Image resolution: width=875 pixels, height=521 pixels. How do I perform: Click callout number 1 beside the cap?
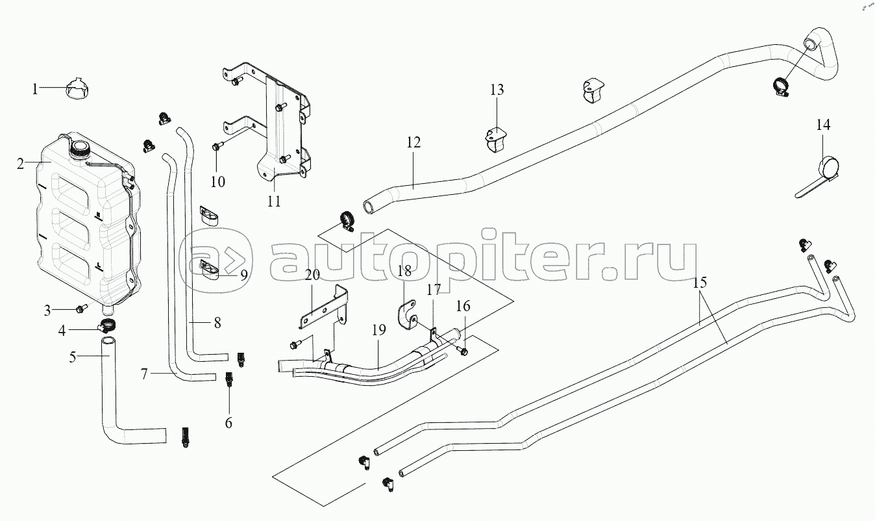pyautogui.click(x=36, y=88)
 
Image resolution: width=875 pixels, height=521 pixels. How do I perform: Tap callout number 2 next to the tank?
pyautogui.click(x=21, y=164)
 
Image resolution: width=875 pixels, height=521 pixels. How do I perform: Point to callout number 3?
pyautogui.click(x=47, y=311)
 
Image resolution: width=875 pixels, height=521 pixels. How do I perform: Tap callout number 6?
pyautogui.click(x=228, y=423)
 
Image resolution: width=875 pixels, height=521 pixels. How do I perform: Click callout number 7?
pyautogui.click(x=145, y=374)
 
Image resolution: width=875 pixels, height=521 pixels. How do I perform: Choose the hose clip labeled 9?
pyautogui.click(x=210, y=270)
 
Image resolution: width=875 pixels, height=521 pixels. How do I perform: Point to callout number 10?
pyautogui.click(x=217, y=181)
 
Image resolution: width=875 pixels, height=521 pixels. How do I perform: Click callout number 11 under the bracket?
pyautogui.click(x=274, y=201)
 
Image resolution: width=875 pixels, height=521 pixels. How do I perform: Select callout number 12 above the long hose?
pyautogui.click(x=414, y=142)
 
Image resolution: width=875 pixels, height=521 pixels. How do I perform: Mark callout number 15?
pyautogui.click(x=700, y=284)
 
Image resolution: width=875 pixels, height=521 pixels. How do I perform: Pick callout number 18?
pyautogui.click(x=404, y=271)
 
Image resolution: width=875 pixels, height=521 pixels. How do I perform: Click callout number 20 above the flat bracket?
pyautogui.click(x=312, y=275)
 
